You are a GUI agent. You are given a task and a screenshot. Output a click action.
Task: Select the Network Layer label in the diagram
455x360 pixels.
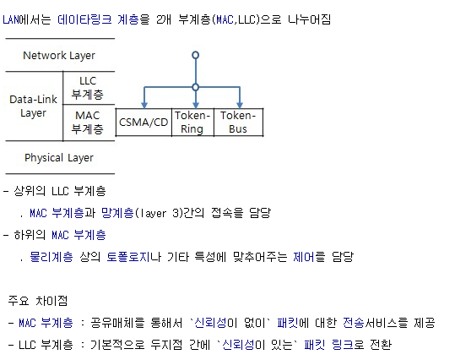(59, 56)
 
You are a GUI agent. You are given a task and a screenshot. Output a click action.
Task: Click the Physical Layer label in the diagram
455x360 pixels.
(59, 158)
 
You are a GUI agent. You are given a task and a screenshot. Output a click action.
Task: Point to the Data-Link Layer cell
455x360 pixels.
(33, 106)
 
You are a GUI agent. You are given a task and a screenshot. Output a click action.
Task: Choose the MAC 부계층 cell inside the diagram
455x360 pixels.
(88, 123)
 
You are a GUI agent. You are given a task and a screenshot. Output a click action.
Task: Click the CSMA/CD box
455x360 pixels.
(144, 123)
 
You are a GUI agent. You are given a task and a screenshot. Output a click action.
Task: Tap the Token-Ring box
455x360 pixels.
(192, 123)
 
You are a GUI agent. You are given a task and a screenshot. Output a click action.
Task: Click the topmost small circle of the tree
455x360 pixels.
(196, 55)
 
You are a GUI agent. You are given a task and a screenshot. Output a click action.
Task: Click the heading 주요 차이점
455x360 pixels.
(37, 301)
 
